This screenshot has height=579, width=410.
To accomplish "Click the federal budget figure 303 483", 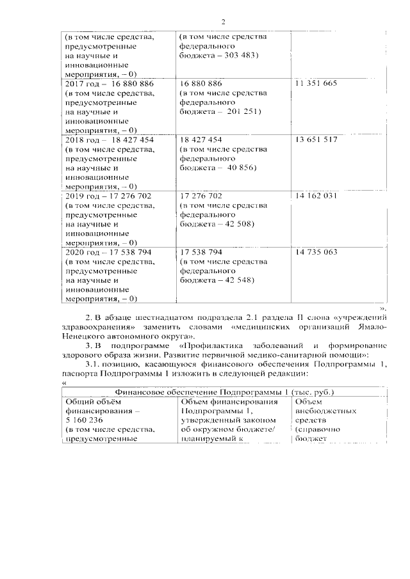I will (237, 56).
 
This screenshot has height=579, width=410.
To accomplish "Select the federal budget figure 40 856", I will (238, 168).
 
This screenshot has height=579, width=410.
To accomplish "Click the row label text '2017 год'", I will (81, 84).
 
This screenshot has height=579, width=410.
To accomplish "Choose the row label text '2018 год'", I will (81, 139).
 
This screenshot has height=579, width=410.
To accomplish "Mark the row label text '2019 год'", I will (81, 196).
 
